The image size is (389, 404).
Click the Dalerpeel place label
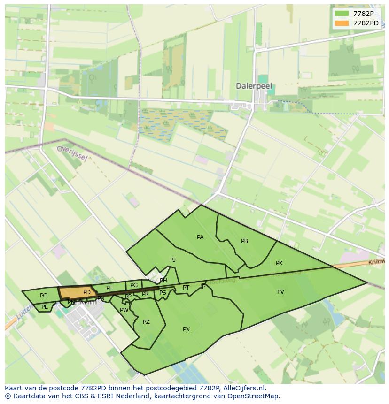(254, 86)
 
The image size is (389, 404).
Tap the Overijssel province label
(72, 152)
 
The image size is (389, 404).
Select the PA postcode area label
(200, 237)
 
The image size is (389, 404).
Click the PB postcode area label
(244, 241)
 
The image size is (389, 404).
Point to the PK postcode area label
(279, 263)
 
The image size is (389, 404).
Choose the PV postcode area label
(280, 292)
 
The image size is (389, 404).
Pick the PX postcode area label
(186, 329)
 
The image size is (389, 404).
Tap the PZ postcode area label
(146, 322)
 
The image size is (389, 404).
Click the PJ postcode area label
(173, 260)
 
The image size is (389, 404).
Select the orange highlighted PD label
(86, 292)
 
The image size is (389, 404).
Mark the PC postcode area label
(43, 296)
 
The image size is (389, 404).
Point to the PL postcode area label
(44, 307)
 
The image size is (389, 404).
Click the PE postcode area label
(109, 288)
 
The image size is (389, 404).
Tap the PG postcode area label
(134, 285)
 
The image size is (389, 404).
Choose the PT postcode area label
(186, 288)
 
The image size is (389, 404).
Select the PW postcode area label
(124, 310)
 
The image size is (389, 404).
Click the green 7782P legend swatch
(342, 14)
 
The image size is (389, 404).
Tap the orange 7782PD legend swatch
(342, 23)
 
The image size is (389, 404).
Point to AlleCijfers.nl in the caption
(244, 388)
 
